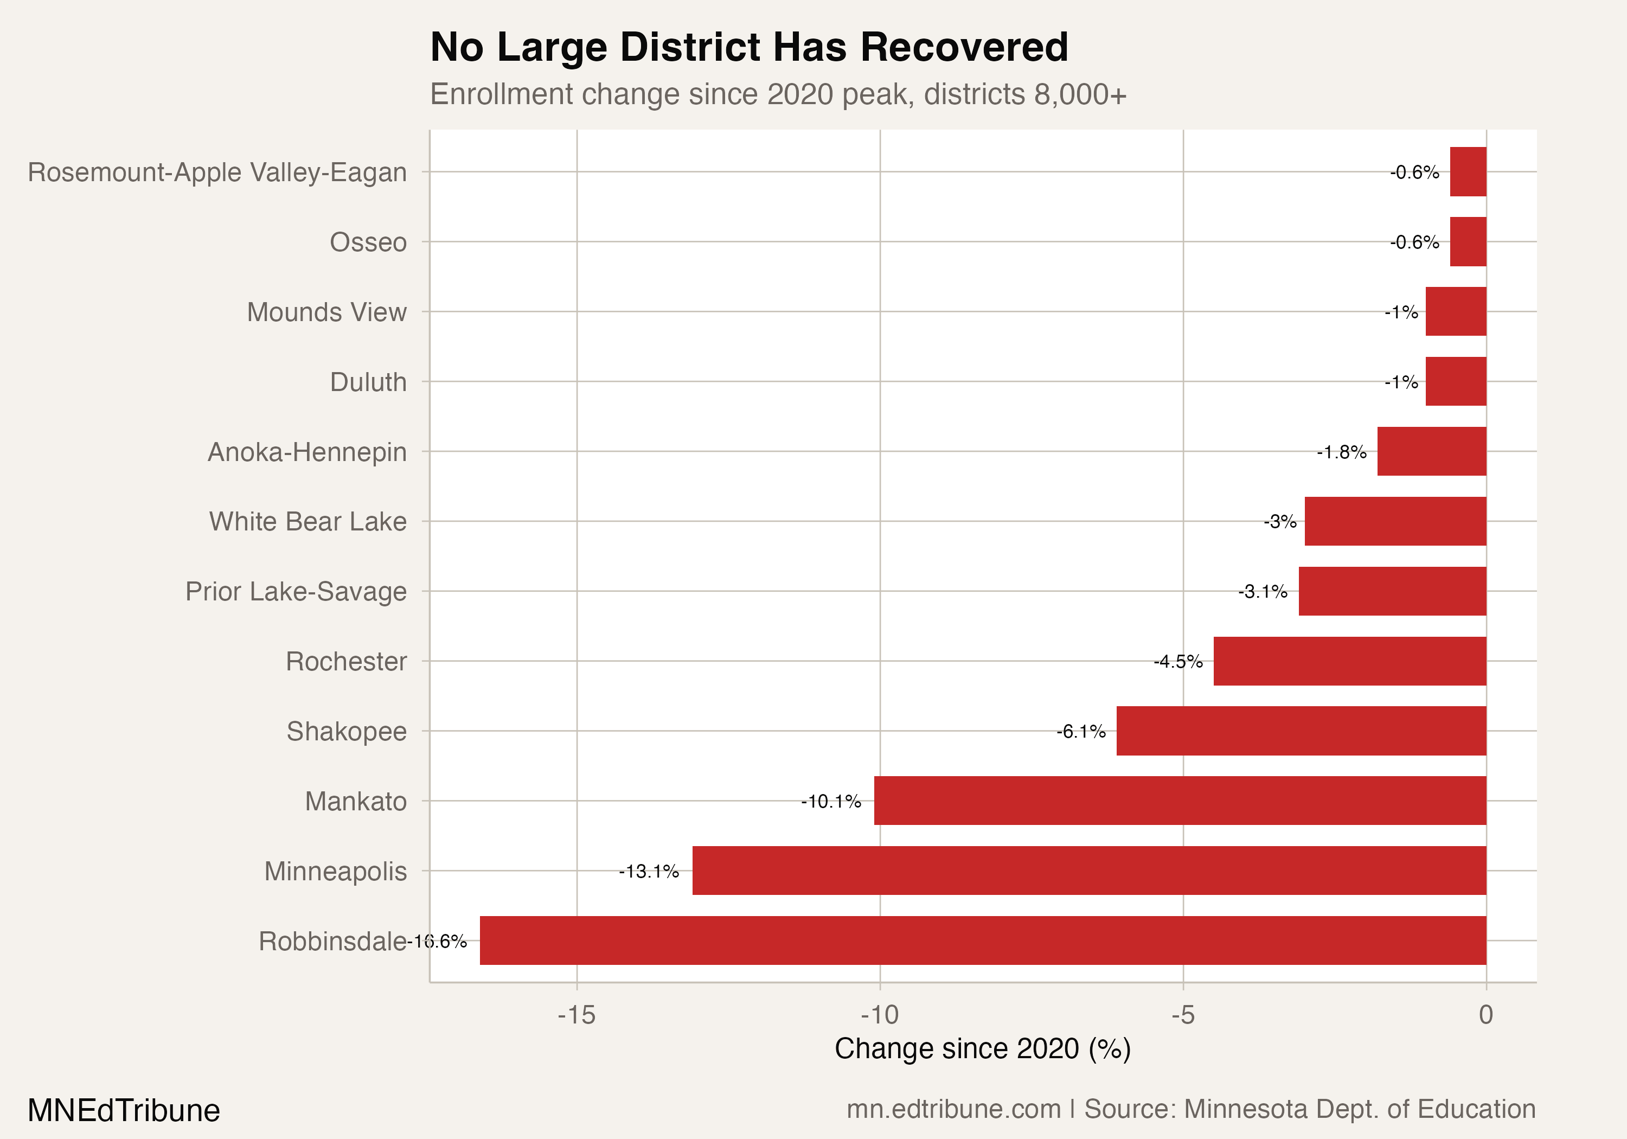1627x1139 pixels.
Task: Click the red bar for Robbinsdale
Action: pos(982,940)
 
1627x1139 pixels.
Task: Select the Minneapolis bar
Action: pos(1088,871)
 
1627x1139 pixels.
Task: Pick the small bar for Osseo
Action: pos(1468,242)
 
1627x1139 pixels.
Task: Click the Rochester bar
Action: pos(1349,661)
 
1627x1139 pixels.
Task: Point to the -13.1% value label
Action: pos(649,871)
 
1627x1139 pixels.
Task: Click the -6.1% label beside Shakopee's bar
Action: pos(1081,732)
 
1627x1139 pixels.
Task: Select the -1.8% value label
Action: pos(1341,452)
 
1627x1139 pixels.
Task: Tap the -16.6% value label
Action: pos(437,941)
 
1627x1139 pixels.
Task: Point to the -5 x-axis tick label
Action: pos(1183,1015)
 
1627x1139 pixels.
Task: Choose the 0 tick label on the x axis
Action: pos(1486,1015)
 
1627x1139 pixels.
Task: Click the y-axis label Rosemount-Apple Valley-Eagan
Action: pos(217,172)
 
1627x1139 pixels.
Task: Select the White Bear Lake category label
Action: pos(308,522)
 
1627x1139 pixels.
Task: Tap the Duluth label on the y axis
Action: pos(368,382)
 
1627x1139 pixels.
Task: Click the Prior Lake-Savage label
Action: pos(296,591)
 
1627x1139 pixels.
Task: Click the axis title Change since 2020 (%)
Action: pos(982,1049)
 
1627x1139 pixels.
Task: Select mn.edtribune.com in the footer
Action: pos(953,1109)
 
